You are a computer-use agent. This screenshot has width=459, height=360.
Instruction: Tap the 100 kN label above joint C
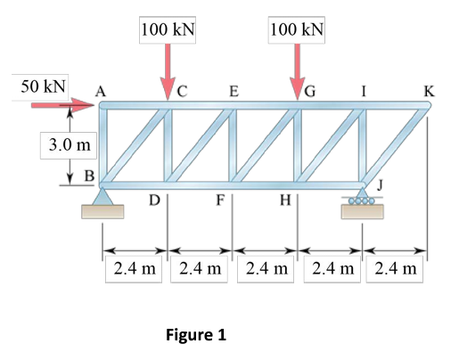(168, 29)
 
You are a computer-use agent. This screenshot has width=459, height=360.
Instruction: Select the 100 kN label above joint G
(298, 29)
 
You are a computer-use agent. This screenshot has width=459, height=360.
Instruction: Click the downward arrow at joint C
(168, 72)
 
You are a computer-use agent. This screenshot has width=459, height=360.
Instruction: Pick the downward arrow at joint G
(298, 72)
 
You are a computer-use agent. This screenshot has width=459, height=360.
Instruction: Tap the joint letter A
(101, 89)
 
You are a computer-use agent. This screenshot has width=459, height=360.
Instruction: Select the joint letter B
(89, 176)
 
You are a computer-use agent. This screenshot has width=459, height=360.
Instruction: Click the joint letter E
(234, 90)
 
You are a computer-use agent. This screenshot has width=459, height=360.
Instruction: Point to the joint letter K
(430, 90)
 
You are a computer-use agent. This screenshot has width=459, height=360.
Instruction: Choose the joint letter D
(154, 201)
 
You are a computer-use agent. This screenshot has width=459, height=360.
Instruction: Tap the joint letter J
(381, 183)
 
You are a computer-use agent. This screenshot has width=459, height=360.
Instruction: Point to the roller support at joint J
(363, 204)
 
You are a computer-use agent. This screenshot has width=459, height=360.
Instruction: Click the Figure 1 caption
(196, 336)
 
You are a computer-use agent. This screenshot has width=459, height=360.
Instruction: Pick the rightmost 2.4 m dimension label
(398, 267)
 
